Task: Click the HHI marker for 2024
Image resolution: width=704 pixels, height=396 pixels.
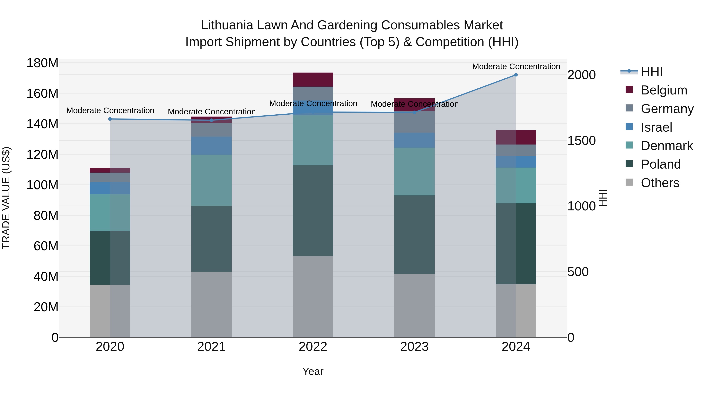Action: click(516, 75)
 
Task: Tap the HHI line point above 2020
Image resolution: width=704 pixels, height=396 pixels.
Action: click(110, 119)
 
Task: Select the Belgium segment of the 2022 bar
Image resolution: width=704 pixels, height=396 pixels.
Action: click(313, 80)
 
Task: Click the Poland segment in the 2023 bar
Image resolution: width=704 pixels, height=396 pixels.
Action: click(414, 234)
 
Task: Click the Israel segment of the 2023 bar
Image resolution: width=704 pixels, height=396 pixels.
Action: click(414, 140)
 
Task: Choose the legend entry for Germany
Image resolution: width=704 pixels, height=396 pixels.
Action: click(667, 109)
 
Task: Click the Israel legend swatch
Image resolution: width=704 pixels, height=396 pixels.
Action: click(629, 127)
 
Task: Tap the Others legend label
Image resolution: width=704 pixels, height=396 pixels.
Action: click(660, 183)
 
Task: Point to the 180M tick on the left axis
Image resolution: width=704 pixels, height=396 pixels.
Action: click(42, 63)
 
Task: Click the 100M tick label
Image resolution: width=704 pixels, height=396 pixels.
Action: click(42, 185)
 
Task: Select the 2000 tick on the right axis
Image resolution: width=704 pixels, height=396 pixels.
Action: click(581, 75)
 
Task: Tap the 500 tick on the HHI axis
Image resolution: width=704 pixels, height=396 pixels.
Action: click(578, 272)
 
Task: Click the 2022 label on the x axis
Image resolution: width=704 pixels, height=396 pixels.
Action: click(313, 347)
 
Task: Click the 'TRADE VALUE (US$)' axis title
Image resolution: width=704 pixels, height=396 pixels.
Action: click(6, 198)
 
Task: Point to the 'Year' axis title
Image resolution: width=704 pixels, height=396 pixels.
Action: click(313, 371)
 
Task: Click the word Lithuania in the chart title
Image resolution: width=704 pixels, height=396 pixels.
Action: click(227, 25)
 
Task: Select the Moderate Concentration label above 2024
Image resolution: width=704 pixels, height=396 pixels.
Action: click(516, 66)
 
